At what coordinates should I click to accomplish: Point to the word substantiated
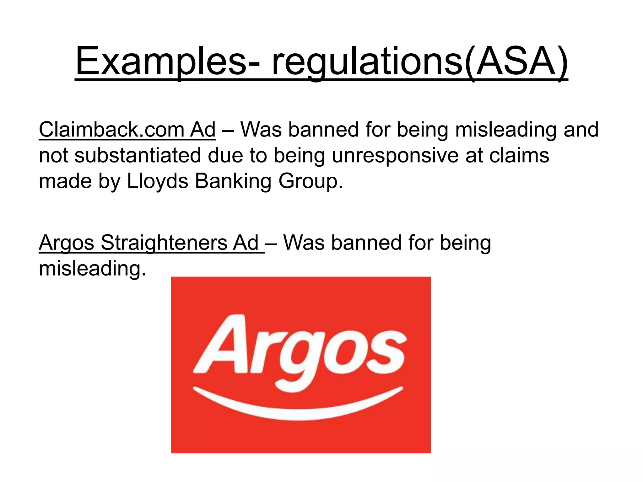[x=138, y=156]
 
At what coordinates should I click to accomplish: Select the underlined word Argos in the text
[x=66, y=243]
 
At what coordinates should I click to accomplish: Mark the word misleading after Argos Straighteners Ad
[x=92, y=269]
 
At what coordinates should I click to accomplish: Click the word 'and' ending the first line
[x=581, y=130]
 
